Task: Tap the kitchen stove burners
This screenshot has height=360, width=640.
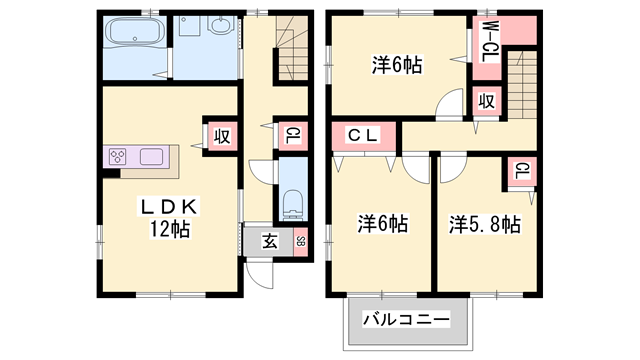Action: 118,157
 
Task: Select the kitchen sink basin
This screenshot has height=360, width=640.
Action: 152,157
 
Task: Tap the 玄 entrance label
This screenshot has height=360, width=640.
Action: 270,240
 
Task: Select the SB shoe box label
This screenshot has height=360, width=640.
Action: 300,241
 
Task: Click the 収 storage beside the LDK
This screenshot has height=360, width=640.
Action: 220,136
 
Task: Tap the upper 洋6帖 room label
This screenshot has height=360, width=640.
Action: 397,66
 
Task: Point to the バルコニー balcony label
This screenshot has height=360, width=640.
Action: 406,320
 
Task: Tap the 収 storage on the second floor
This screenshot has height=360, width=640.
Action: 486,102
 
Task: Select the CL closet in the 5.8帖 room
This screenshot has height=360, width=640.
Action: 522,172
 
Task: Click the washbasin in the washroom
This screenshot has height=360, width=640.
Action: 221,27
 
